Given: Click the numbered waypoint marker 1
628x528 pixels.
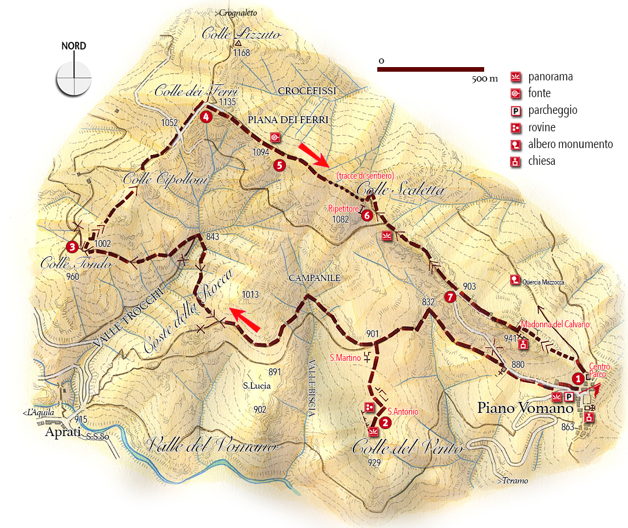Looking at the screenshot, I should [x=577, y=379].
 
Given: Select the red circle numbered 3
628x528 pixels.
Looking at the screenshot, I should [x=72, y=247].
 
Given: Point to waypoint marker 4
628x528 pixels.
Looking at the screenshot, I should [x=205, y=116].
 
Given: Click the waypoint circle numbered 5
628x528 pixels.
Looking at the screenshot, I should [x=280, y=165].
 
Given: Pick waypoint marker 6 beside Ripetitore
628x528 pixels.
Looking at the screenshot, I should [x=367, y=215].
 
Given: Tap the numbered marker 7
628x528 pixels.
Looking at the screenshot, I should [x=451, y=297].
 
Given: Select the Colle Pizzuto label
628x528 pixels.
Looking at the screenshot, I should [x=241, y=35].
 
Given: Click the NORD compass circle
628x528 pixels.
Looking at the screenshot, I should [x=74, y=78].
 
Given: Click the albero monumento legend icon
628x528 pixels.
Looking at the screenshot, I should [x=515, y=145].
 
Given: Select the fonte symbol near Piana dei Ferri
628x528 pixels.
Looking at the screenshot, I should [x=275, y=137].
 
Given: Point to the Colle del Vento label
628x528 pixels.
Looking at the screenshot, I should [x=408, y=449].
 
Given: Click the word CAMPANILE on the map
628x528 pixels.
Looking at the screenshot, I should [x=315, y=278].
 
